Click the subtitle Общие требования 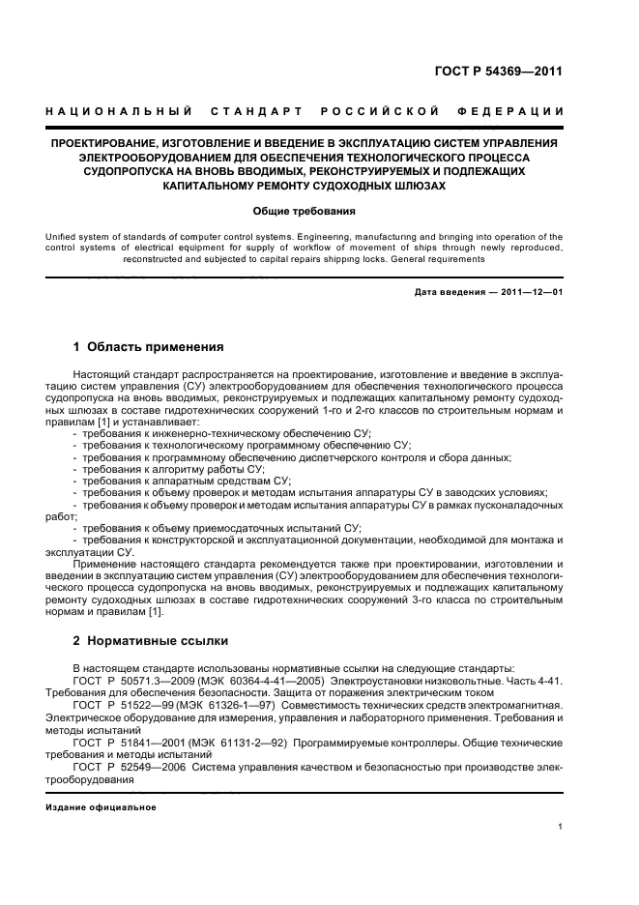304,210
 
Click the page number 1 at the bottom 560,827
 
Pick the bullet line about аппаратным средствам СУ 186,481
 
